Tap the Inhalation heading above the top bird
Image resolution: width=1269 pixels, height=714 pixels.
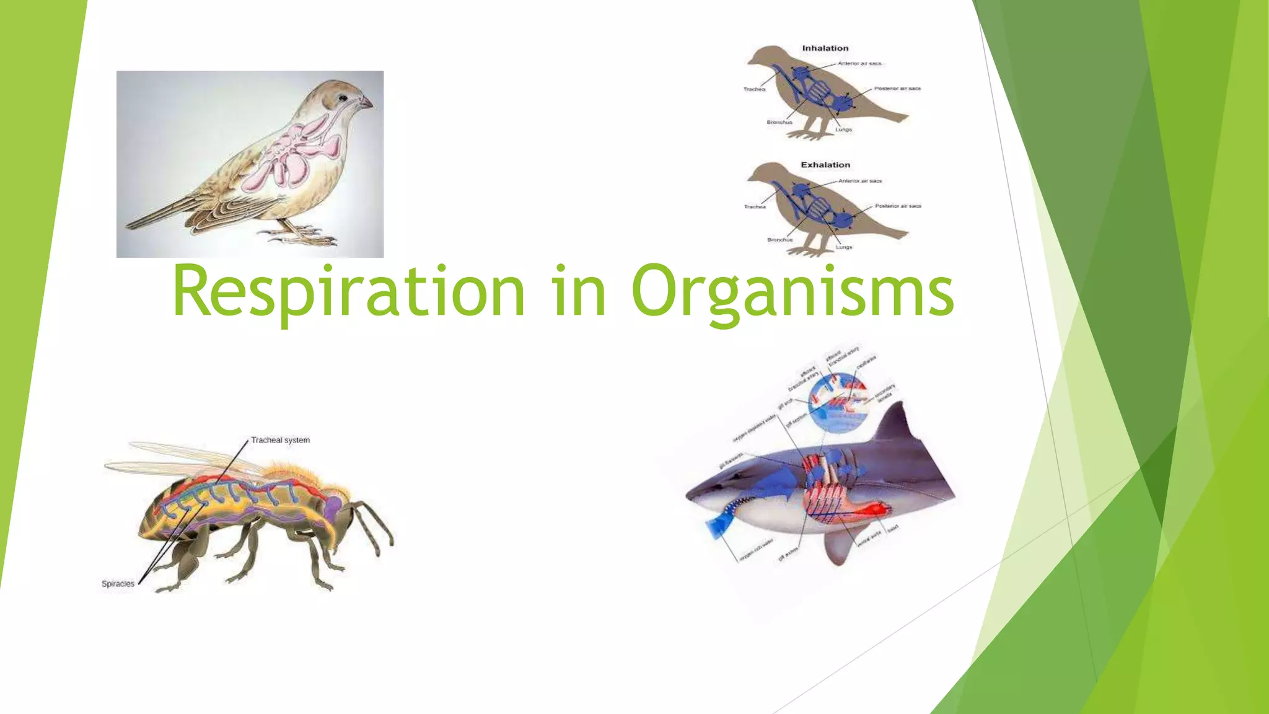(825, 48)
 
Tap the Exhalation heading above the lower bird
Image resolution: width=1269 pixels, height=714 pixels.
(825, 165)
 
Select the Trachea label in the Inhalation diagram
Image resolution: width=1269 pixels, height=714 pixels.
(754, 89)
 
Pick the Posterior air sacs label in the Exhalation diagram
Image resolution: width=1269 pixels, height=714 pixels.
(898, 206)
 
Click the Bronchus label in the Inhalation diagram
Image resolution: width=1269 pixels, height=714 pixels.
(779, 122)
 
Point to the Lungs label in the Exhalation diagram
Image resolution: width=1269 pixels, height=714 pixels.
(843, 247)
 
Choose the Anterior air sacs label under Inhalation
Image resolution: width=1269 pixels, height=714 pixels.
(859, 63)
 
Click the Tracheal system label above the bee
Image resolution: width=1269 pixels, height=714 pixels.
(280, 440)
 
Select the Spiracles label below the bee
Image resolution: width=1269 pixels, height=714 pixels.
(118, 584)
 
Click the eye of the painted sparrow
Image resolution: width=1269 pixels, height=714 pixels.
(342, 98)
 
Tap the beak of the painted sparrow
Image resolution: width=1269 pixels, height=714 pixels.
(366, 104)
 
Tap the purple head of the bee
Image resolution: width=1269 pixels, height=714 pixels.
(333, 505)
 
